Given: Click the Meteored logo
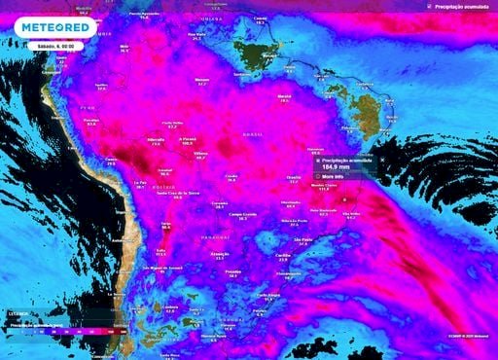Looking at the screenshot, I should point(55,27).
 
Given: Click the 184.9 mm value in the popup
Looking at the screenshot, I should point(337,167).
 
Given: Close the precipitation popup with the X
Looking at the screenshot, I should point(381,158).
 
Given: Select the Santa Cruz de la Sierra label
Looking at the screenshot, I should point(179,193).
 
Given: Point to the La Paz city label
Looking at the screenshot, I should point(140,182).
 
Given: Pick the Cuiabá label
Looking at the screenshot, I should point(231,175).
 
